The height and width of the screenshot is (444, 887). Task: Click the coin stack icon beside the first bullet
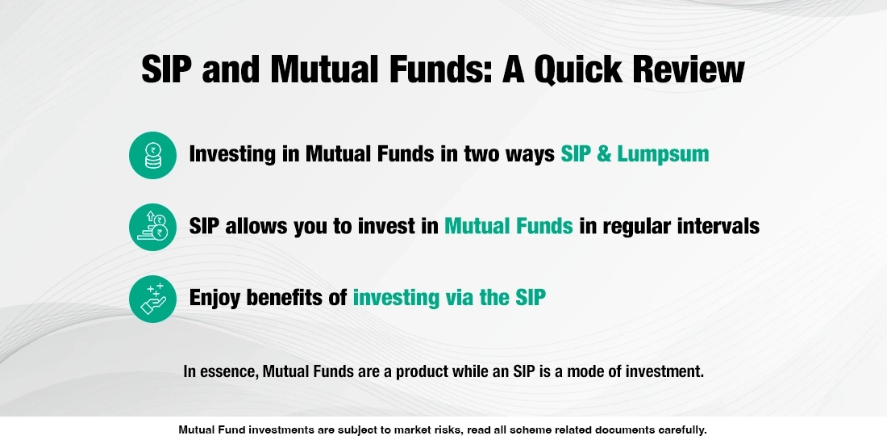pos(152,155)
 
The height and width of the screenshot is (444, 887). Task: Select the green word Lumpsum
pos(663,154)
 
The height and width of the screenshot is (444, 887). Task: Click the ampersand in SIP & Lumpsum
pos(603,154)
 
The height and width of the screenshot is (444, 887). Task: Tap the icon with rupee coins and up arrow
pos(152,227)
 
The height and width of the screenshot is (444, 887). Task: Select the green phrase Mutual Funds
pos(509,226)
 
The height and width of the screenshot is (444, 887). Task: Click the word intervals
pos(712,226)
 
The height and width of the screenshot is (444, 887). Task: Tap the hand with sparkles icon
pos(152,299)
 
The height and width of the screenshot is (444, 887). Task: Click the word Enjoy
pos(215,298)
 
